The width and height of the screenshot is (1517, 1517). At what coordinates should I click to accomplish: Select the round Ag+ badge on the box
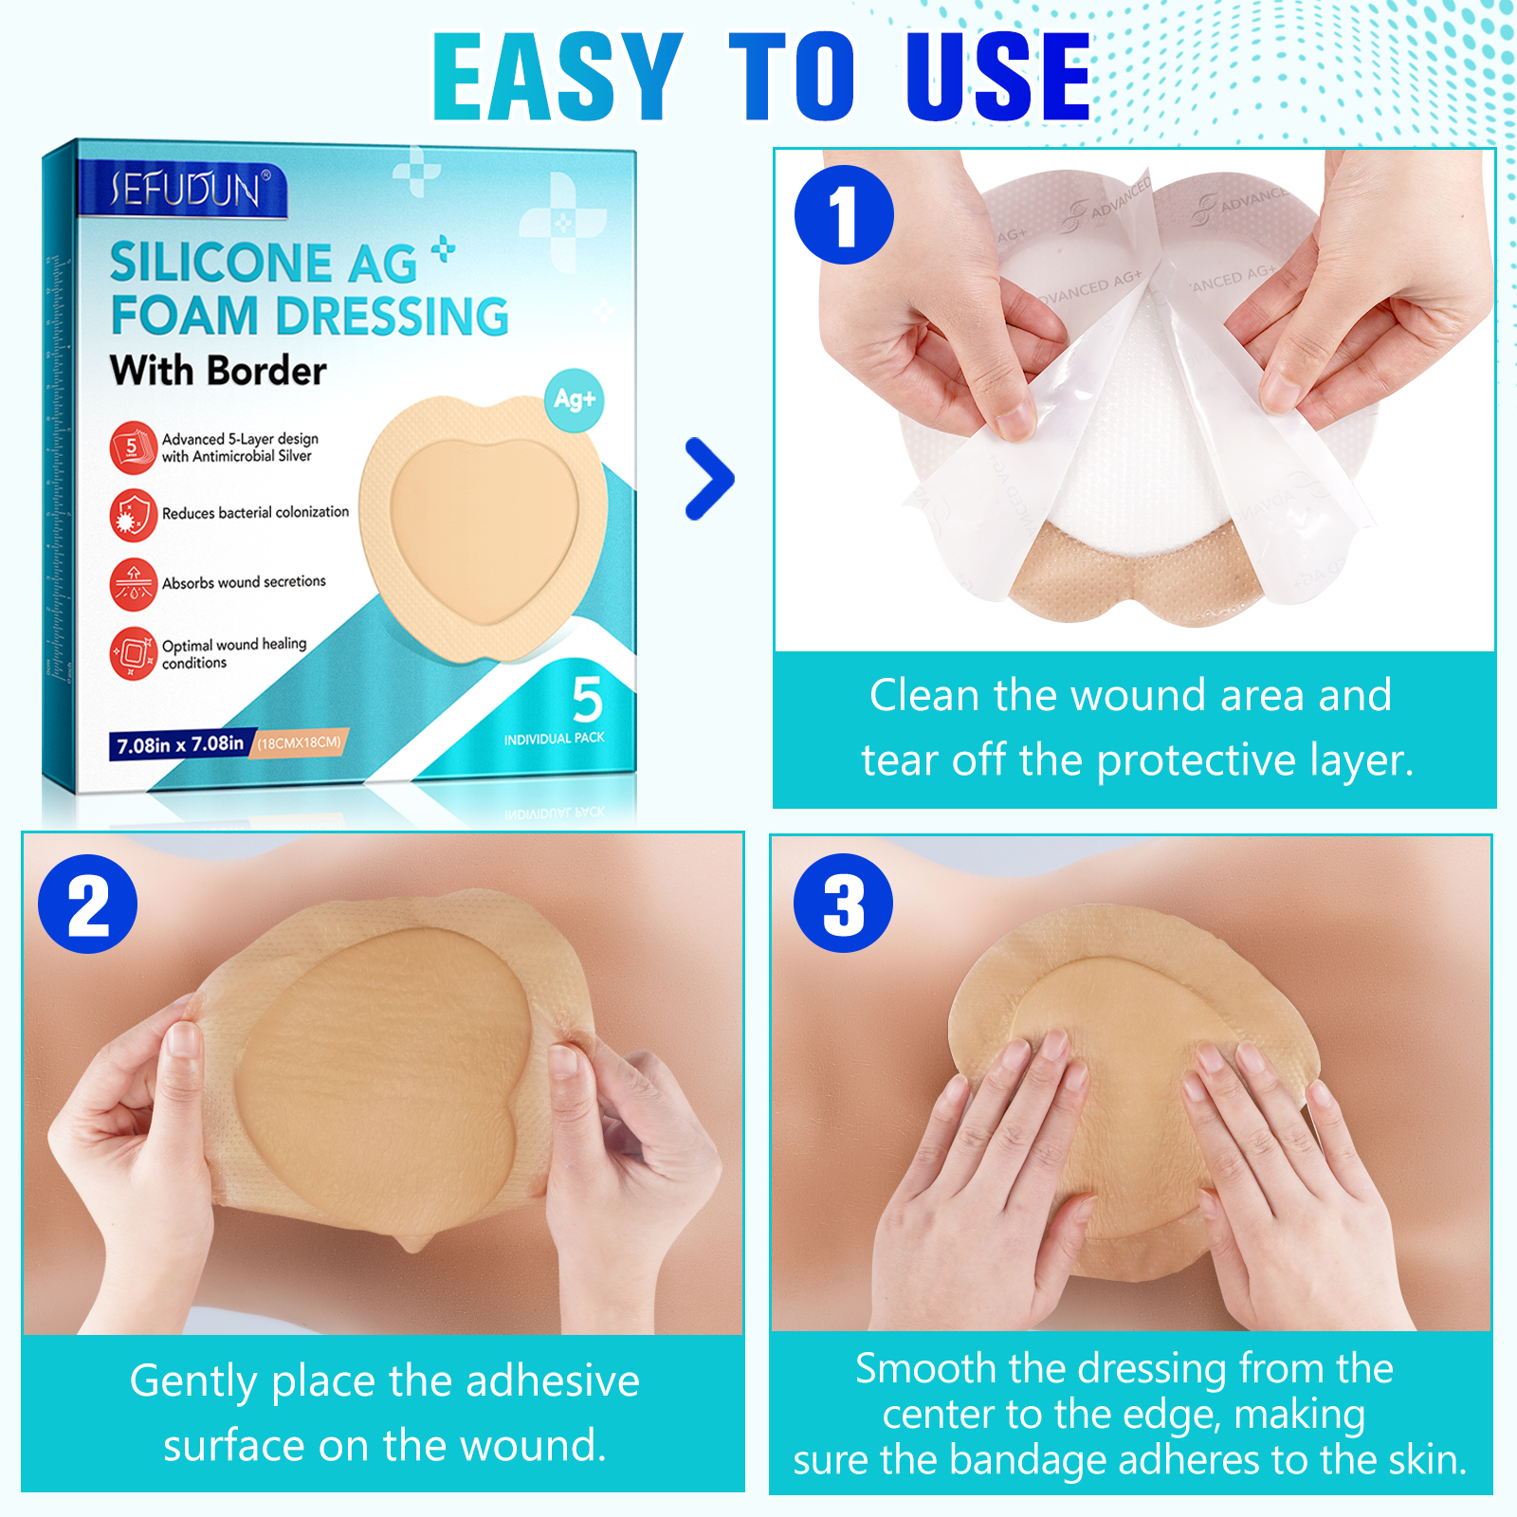(x=575, y=400)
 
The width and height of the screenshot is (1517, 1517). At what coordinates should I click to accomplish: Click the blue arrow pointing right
(x=710, y=479)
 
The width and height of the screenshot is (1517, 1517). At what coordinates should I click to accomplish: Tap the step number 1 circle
(x=844, y=215)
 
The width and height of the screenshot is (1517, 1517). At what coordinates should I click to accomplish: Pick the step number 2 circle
(x=87, y=905)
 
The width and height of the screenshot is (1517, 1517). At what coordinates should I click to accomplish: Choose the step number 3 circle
(x=843, y=903)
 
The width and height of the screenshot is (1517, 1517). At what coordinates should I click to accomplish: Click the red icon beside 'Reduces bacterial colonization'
(x=133, y=515)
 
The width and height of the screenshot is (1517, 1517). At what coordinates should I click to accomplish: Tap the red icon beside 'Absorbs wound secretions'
(x=133, y=584)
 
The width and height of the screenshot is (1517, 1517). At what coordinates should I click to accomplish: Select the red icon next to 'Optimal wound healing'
(x=133, y=653)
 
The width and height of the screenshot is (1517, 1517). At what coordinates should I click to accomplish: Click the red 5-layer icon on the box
(x=133, y=448)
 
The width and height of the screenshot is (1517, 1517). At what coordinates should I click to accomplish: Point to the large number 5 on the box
(x=588, y=700)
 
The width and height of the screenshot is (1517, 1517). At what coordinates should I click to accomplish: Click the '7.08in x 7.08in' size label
(x=180, y=745)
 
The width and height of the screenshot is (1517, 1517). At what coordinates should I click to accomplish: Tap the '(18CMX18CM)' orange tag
(x=300, y=742)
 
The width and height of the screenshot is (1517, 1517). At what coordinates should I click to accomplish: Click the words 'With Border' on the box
(x=218, y=371)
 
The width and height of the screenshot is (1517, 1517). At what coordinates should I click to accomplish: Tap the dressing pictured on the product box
(x=484, y=526)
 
